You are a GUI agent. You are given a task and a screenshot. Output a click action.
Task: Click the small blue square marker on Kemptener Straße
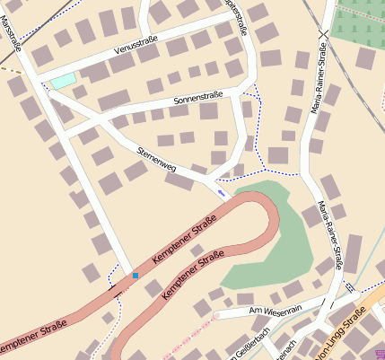coord(136,275)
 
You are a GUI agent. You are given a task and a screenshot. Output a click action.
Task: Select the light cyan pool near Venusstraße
coord(63,81)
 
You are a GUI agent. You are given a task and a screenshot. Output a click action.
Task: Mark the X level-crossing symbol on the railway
coord(323,32)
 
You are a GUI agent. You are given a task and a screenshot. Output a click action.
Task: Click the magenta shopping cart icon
coord(380,353)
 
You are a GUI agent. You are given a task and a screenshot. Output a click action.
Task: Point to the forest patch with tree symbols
coord(359,22)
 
